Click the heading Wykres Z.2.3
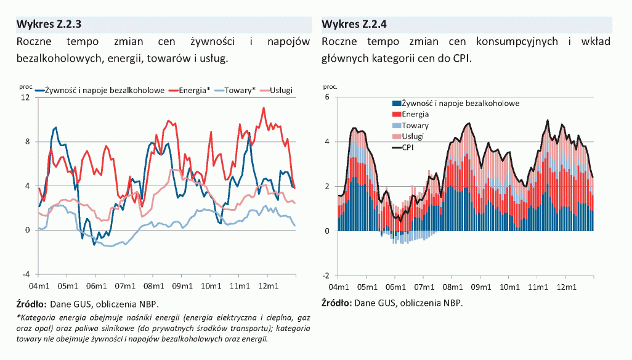(x=49, y=25)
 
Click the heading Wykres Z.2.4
(x=354, y=25)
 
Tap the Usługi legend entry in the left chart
(x=281, y=91)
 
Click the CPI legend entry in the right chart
(x=409, y=147)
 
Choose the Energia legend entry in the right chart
(x=415, y=114)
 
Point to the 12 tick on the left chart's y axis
(x=25, y=97)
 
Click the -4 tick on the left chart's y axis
(x=26, y=274)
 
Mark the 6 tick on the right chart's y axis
(x=327, y=97)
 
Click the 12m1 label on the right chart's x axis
(x=566, y=287)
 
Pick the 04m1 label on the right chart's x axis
(x=338, y=287)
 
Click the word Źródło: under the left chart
(x=31, y=303)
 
